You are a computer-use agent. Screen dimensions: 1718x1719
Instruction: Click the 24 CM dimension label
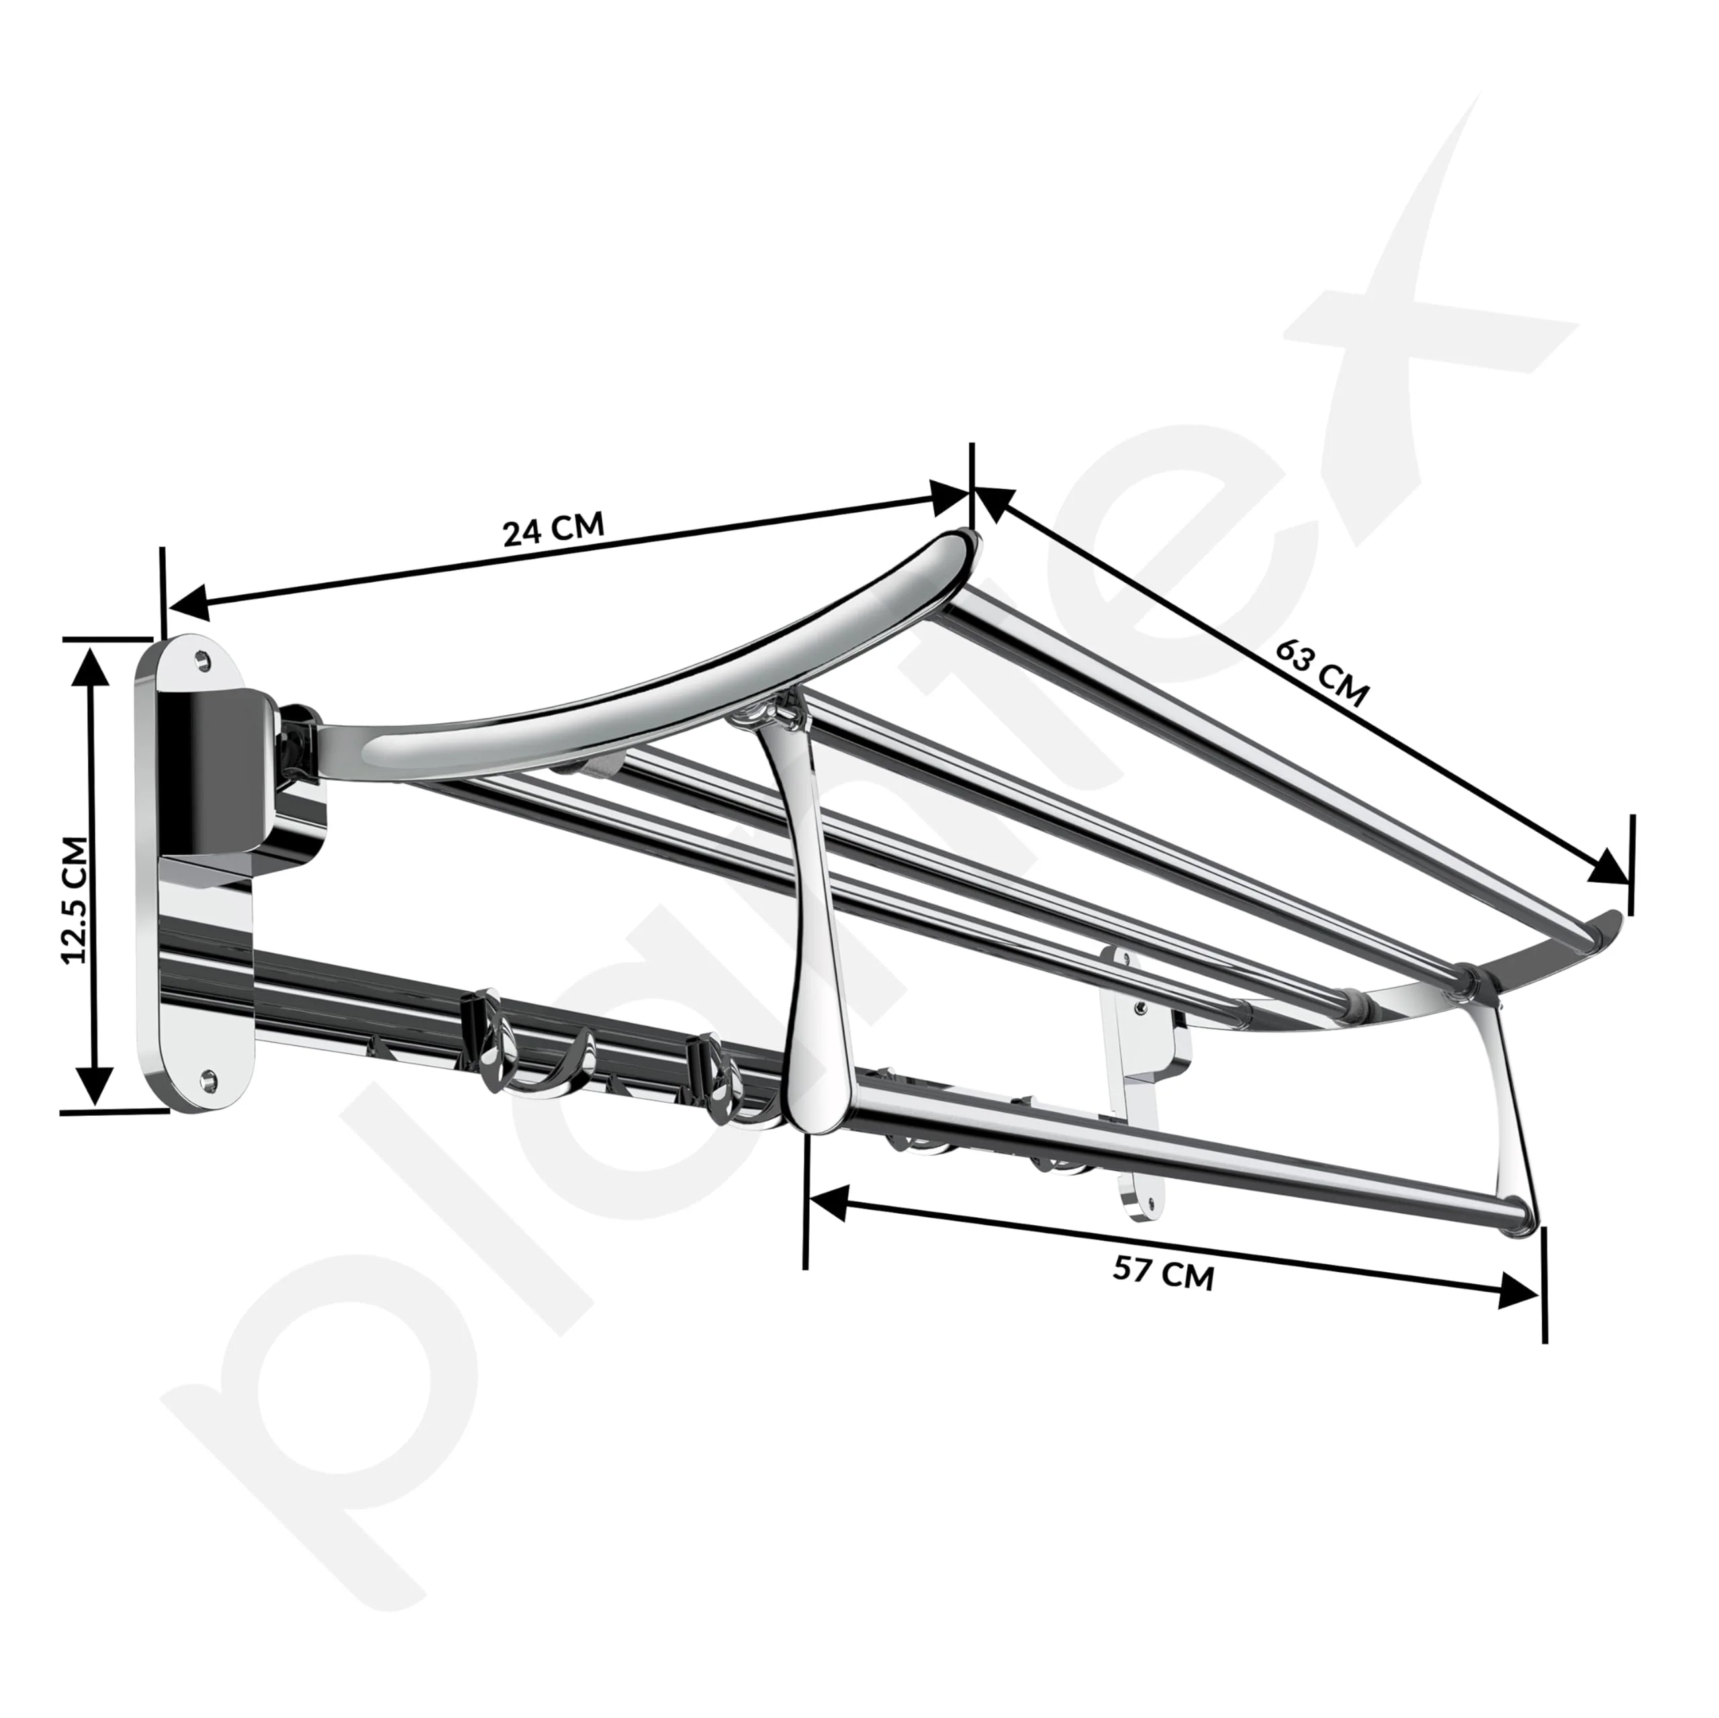553,530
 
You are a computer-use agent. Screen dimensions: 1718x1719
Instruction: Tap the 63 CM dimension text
1321,673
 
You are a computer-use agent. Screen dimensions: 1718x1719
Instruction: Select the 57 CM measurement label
1163,1273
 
